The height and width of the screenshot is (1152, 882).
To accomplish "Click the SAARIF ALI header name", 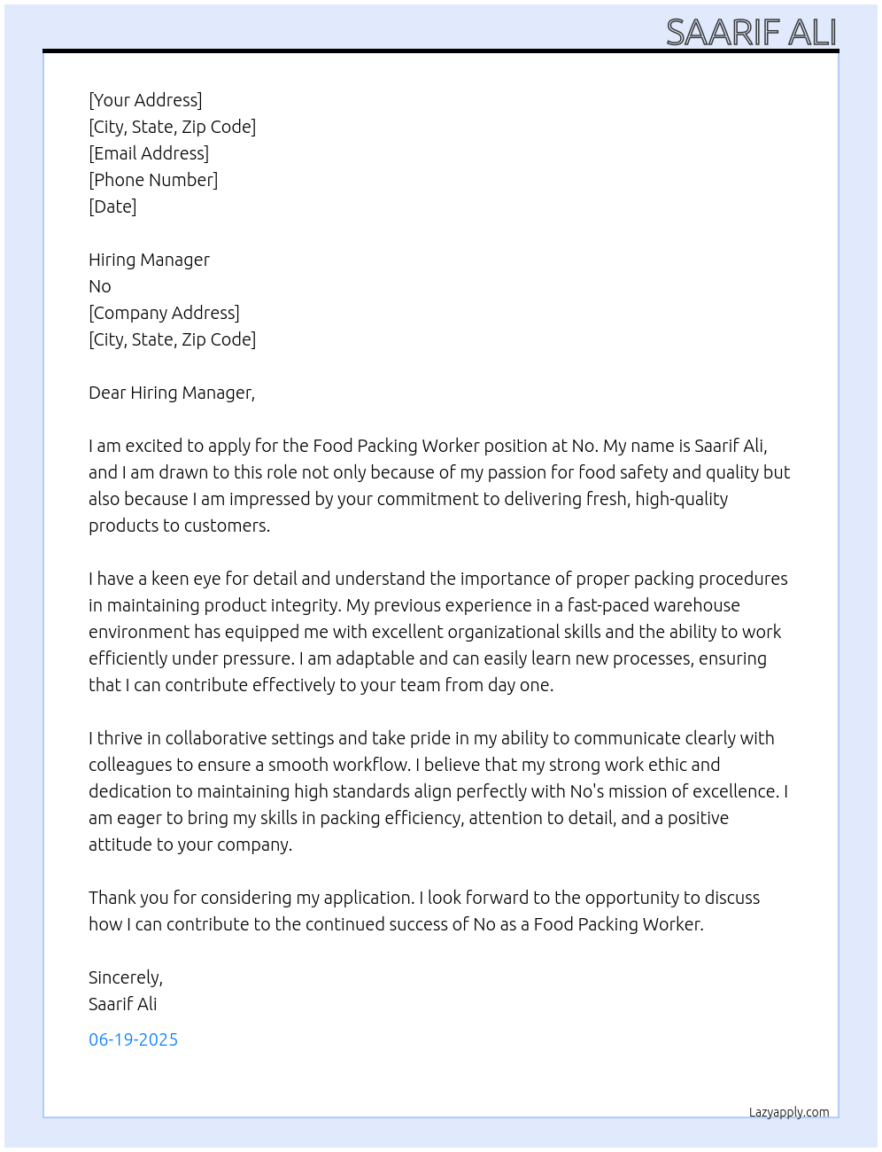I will (x=751, y=32).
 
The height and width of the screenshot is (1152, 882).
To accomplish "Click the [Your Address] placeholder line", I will (x=145, y=100).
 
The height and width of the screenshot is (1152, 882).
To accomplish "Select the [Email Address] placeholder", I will (x=149, y=153).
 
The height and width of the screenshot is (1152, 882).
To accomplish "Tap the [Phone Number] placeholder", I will (x=153, y=180).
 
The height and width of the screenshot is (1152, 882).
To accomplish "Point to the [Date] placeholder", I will (x=112, y=206).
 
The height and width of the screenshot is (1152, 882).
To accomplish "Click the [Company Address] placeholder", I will (x=164, y=313).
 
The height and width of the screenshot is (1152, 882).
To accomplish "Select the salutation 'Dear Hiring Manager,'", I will (x=172, y=393).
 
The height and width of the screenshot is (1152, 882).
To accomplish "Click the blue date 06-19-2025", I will (x=133, y=1039).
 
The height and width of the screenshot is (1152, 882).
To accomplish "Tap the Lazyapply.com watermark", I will (x=789, y=1112).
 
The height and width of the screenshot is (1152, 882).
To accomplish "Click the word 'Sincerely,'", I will (x=126, y=977).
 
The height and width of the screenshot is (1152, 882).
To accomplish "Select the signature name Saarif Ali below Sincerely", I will (x=122, y=1004).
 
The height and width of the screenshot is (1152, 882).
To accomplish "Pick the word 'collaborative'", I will (x=215, y=738).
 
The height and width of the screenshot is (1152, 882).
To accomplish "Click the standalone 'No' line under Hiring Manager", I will (x=100, y=286).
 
